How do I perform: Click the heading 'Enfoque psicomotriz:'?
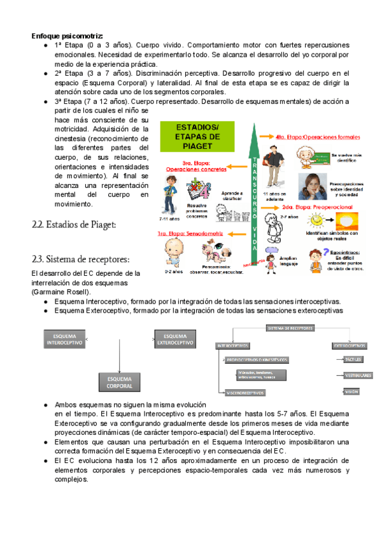[67, 36]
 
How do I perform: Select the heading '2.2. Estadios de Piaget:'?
[74, 224]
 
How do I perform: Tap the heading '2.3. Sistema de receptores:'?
[80, 259]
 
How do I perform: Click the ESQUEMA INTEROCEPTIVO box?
[64, 339]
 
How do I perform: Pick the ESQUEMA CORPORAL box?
[120, 383]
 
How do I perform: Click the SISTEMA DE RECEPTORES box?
[288, 329]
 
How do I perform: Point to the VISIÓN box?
[352, 392]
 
